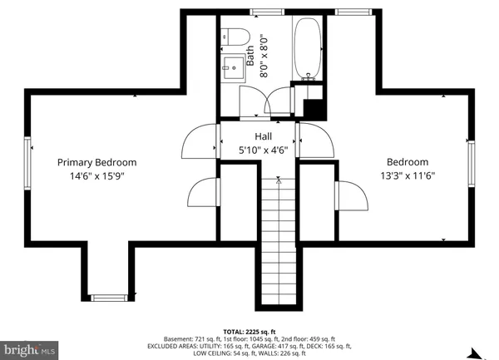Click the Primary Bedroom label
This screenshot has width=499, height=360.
point(96,163)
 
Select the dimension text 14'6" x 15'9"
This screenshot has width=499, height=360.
point(96,176)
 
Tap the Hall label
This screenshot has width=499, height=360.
point(263,136)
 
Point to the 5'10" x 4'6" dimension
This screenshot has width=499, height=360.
point(263,150)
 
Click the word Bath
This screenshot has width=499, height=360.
point(250,55)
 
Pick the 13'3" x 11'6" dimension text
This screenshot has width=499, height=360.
point(408,175)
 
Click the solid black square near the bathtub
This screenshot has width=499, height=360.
point(314,108)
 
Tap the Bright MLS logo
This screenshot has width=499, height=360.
point(29,351)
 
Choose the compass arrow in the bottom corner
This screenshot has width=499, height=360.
point(477,353)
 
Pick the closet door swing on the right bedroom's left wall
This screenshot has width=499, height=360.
point(352,196)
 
